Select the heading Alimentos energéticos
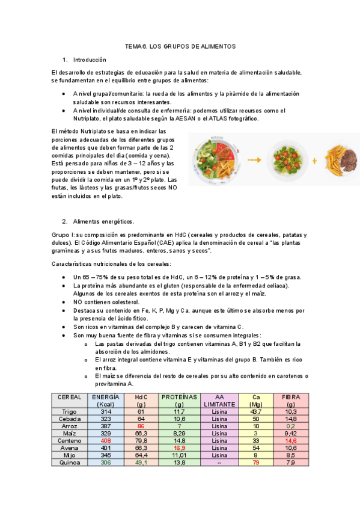pos(103,221)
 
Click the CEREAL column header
pos(69,398)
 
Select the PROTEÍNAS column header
pos(179,398)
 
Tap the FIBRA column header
pos(291,398)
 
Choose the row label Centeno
pos(69,440)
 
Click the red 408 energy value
pos(105,440)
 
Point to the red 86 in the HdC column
pos(141,426)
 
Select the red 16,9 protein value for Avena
pos(179,447)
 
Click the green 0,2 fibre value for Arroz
pos(291,426)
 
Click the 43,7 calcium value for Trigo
pos(255,411)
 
